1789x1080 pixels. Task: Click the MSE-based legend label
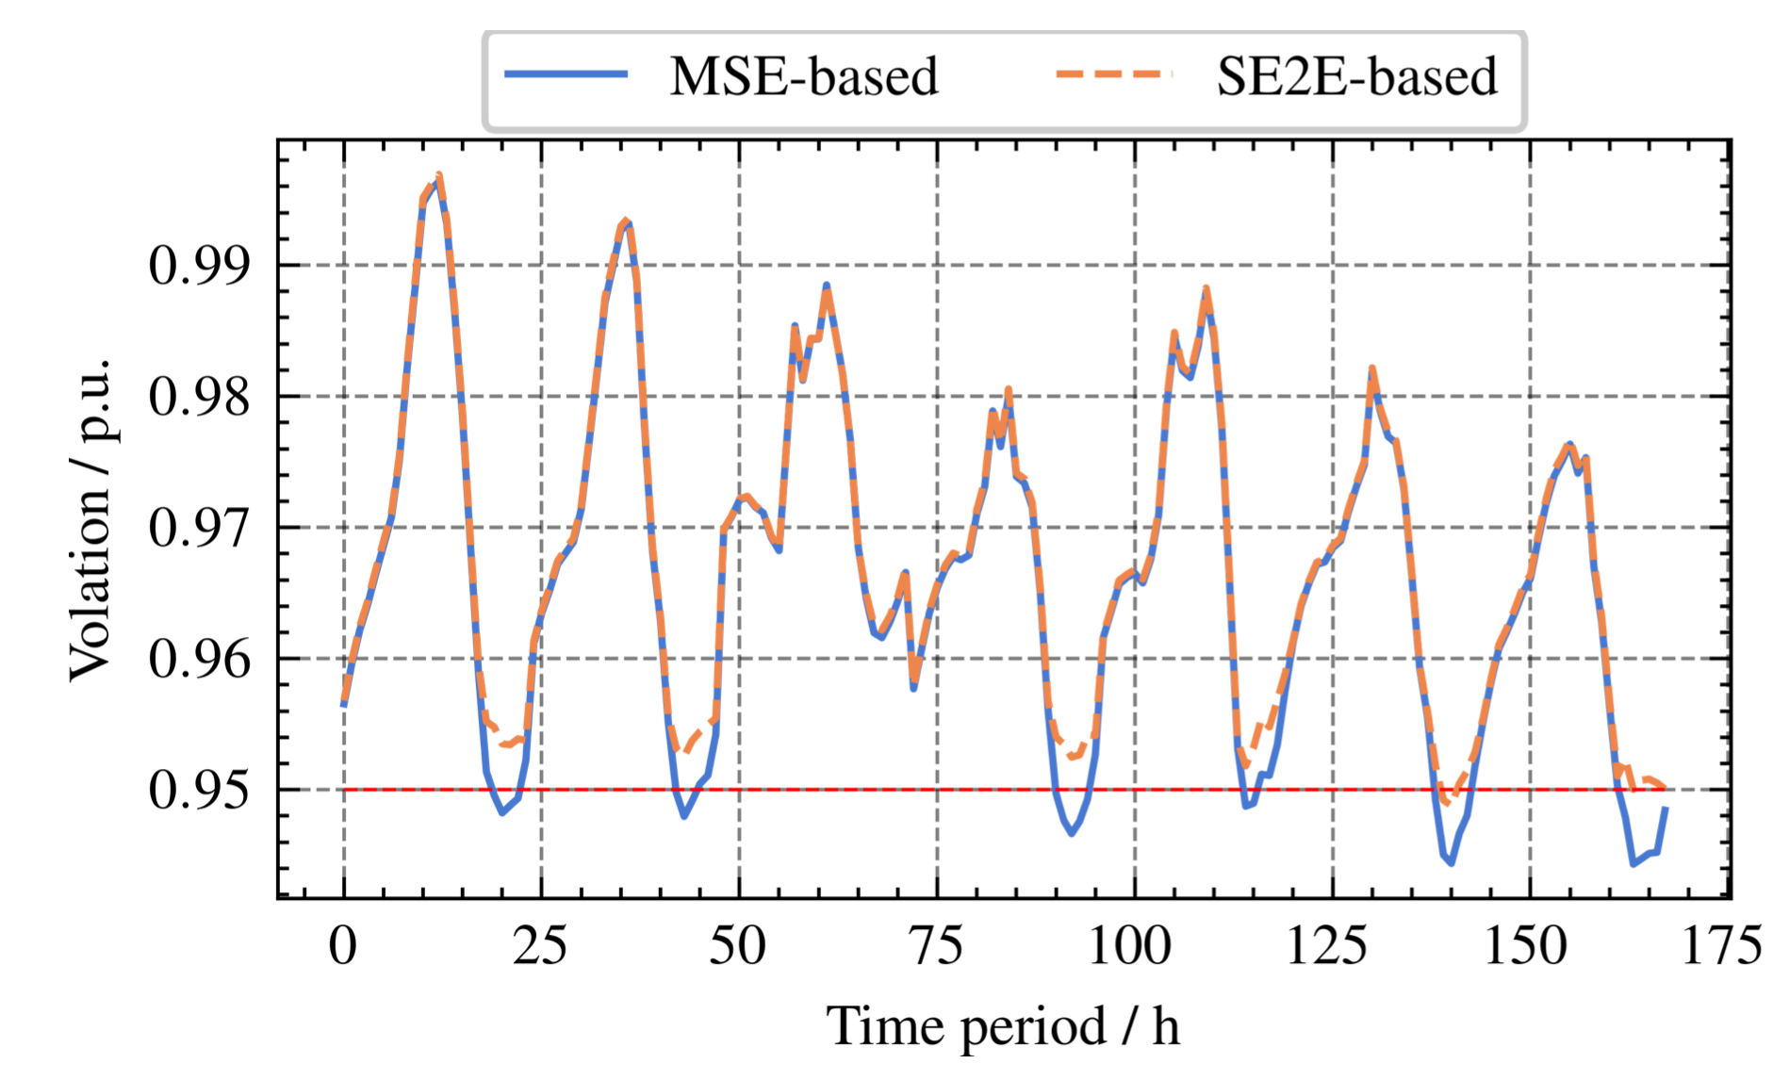(804, 76)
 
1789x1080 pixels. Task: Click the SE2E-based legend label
(1356, 76)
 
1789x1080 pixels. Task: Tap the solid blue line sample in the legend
(566, 74)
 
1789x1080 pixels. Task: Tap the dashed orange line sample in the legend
(1114, 74)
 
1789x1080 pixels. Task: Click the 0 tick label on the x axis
(344, 945)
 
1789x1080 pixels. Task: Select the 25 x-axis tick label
(541, 945)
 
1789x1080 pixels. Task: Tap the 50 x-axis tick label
(739, 945)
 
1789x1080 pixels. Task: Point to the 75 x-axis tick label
(937, 945)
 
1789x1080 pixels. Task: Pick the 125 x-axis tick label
(1328, 945)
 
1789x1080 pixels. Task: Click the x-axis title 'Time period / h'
(1003, 1026)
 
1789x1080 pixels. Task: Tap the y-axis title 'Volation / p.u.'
(91, 519)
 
